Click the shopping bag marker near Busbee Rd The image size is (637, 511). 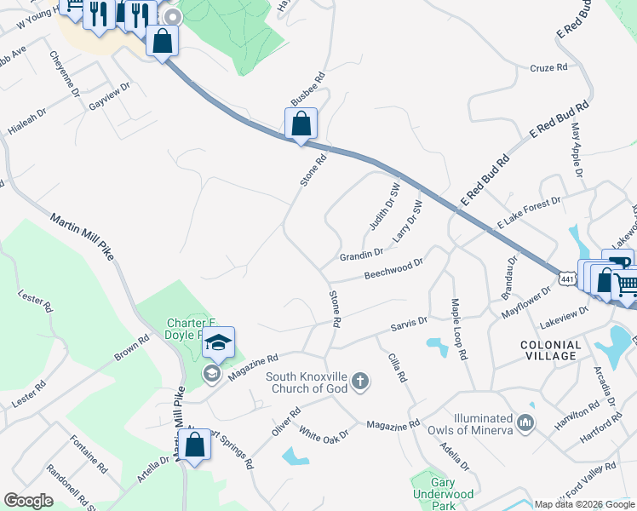coord(301,124)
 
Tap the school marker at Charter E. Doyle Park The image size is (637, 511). coord(218,343)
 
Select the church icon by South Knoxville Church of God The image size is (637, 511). coord(360,381)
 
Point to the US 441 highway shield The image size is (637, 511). coord(566,278)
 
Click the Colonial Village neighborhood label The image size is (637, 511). coord(549,351)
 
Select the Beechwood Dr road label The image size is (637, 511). coord(393,269)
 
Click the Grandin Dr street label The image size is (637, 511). coord(362,254)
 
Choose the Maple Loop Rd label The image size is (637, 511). coord(460,328)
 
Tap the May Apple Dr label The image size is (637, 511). coord(577,148)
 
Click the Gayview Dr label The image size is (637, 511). coord(109,98)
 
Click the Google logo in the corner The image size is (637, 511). coord(29,501)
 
